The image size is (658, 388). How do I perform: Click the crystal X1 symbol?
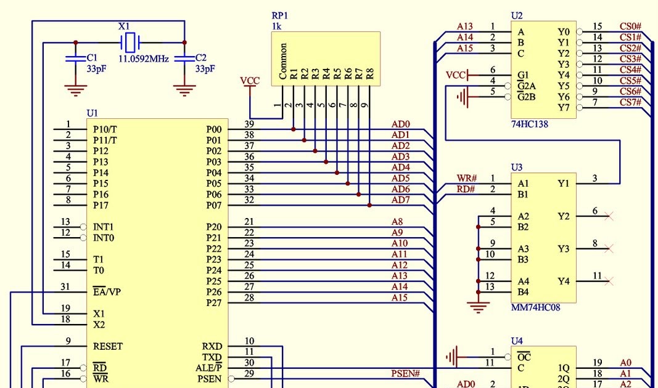click(x=130, y=42)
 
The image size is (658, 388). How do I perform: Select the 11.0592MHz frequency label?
click(x=143, y=59)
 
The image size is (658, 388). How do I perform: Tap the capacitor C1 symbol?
click(x=75, y=59)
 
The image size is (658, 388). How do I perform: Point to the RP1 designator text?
click(x=279, y=15)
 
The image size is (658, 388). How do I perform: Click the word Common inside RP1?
click(x=283, y=61)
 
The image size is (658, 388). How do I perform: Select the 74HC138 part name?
click(x=529, y=124)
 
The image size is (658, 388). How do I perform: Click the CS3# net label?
click(x=630, y=59)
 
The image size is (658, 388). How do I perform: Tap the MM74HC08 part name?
click(x=535, y=307)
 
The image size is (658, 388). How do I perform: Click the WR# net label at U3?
click(x=466, y=179)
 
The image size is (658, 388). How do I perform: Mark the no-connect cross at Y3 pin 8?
click(x=609, y=248)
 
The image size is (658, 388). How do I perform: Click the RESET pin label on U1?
click(x=107, y=346)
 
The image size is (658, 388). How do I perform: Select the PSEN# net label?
click(x=405, y=374)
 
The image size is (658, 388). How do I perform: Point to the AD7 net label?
click(x=400, y=200)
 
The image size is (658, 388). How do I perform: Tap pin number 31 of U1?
click(x=65, y=286)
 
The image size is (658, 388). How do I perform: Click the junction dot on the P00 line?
click(x=293, y=129)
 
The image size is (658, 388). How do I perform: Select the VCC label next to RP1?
click(x=250, y=81)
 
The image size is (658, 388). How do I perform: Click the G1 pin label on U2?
click(x=522, y=75)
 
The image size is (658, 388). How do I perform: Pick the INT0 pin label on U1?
click(x=103, y=238)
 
